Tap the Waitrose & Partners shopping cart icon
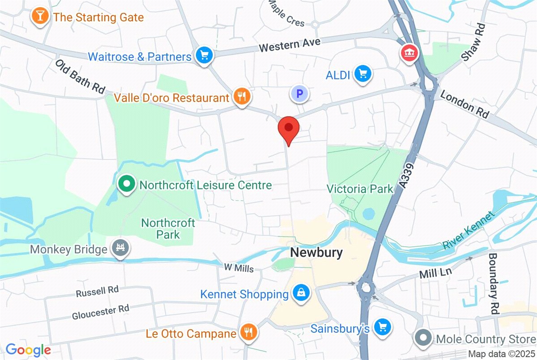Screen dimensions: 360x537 click(205, 56)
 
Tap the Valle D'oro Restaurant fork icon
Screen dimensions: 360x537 click(242, 96)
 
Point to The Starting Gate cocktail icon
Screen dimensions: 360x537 click(40, 17)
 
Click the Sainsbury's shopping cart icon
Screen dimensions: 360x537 click(383, 327)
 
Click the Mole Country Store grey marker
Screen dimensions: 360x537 click(423, 337)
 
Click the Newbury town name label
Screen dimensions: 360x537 click(316, 253)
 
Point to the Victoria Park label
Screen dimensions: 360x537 click(360, 189)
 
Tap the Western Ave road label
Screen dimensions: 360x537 click(290, 45)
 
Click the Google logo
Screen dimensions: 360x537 click(28, 350)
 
